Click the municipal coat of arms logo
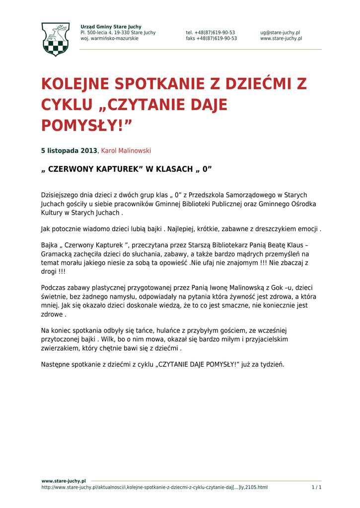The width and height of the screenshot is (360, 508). tap(55, 39)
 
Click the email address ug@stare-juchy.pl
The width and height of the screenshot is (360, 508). tap(280, 33)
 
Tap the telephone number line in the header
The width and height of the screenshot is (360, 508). tap(211, 33)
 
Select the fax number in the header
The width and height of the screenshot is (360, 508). tap(211, 39)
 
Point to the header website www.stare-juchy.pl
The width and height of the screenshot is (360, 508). tap(281, 39)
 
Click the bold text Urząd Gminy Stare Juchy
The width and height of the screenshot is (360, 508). tap(111, 27)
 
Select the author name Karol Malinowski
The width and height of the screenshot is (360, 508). tap(126, 151)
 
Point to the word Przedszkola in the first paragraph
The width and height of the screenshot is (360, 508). tap(214, 195)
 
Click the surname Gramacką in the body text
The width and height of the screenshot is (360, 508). tap(57, 254)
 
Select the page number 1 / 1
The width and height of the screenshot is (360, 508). tap(316, 488)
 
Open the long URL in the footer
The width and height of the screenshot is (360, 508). tap(154, 488)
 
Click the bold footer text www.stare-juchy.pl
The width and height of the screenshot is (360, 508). tap(64, 481)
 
